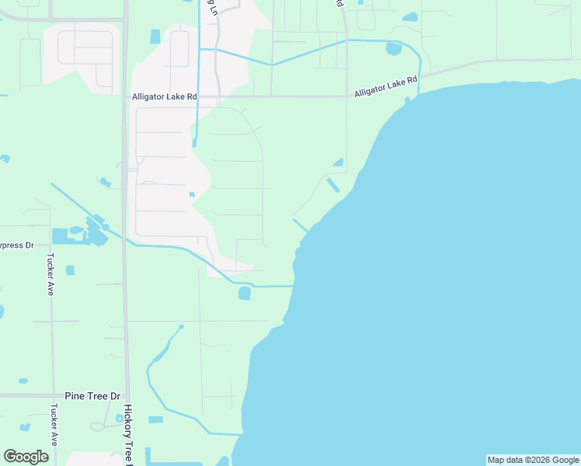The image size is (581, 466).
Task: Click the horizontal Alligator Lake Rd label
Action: [x=165, y=96]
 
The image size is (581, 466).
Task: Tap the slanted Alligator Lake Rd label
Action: [x=386, y=85]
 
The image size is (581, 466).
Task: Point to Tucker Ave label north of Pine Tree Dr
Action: [x=50, y=273]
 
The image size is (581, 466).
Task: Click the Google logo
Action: [x=26, y=457]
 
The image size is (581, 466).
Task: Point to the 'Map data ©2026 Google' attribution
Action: [x=534, y=460]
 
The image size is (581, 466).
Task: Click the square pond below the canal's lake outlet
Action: [x=245, y=294]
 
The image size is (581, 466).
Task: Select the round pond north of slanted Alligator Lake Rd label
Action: [x=394, y=49]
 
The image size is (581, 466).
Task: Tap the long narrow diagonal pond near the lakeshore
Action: [x=333, y=186]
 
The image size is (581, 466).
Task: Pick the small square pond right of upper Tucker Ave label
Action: [x=70, y=270]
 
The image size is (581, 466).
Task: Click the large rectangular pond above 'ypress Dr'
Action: [x=60, y=235]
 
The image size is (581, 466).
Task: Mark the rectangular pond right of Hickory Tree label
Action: [x=155, y=419]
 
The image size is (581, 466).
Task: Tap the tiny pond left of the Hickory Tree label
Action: [x=119, y=418]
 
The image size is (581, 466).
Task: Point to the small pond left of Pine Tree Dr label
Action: [x=23, y=381]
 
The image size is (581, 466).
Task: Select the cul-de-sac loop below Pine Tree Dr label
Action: [x=99, y=426]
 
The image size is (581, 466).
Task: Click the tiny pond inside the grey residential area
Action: [x=191, y=194]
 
